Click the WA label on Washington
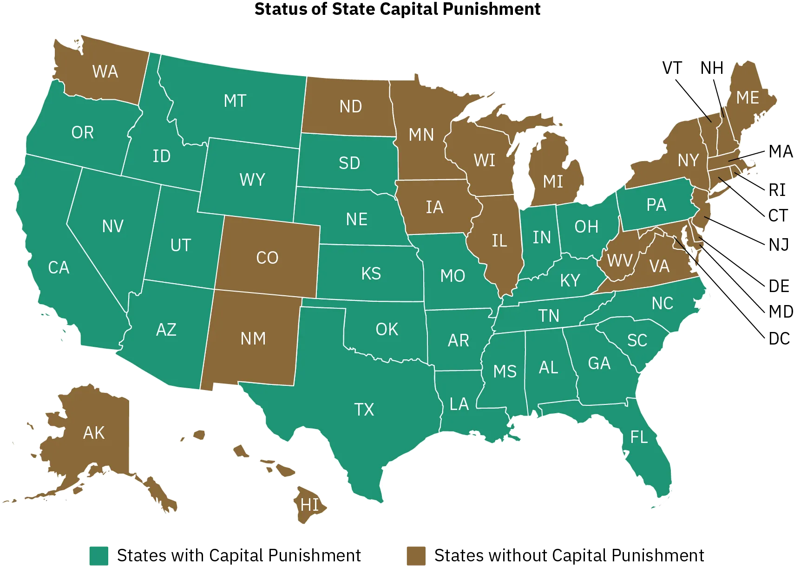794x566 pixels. pyautogui.click(x=105, y=72)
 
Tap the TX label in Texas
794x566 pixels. pyautogui.click(x=364, y=410)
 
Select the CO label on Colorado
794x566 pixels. pyautogui.click(x=267, y=258)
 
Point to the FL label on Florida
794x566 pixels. pyautogui.click(x=639, y=437)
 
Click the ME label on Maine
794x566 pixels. pyautogui.click(x=748, y=98)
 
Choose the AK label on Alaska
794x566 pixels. pyautogui.click(x=94, y=433)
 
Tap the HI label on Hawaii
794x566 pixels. pyautogui.click(x=310, y=505)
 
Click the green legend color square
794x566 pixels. pyautogui.click(x=100, y=555)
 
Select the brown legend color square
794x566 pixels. pyautogui.click(x=416, y=555)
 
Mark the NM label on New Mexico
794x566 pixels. pyautogui.click(x=253, y=338)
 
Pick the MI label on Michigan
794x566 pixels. pyautogui.click(x=553, y=182)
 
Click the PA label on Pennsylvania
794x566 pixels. pyautogui.click(x=656, y=205)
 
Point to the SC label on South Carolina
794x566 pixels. pyautogui.click(x=637, y=340)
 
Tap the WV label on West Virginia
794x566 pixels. pyautogui.click(x=620, y=260)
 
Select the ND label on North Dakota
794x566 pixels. pyautogui.click(x=351, y=106)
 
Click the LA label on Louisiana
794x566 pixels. pyautogui.click(x=459, y=404)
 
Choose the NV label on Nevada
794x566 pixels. pyautogui.click(x=113, y=226)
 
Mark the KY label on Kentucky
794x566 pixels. pyautogui.click(x=570, y=280)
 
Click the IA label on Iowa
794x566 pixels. pyautogui.click(x=434, y=207)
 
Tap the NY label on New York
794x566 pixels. pyautogui.click(x=688, y=160)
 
